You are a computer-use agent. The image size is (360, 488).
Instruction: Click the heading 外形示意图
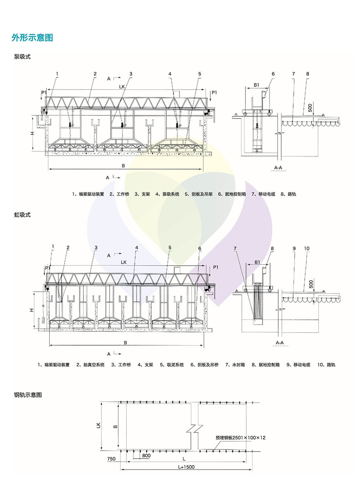click(32, 38)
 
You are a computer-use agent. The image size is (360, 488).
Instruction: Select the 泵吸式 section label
click(22, 57)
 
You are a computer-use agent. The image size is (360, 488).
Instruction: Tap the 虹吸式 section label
click(22, 215)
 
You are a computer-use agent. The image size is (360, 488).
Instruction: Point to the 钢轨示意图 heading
click(28, 395)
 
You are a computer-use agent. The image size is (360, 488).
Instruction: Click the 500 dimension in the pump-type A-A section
click(310, 108)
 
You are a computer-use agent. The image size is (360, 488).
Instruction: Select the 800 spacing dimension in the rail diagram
click(146, 456)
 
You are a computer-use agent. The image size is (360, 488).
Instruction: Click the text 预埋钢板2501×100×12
click(241, 437)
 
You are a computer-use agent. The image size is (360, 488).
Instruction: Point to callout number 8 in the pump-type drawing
click(308, 74)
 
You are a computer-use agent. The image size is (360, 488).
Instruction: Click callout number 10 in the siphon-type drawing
click(306, 249)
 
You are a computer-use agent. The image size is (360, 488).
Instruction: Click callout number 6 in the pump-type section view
click(273, 74)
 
